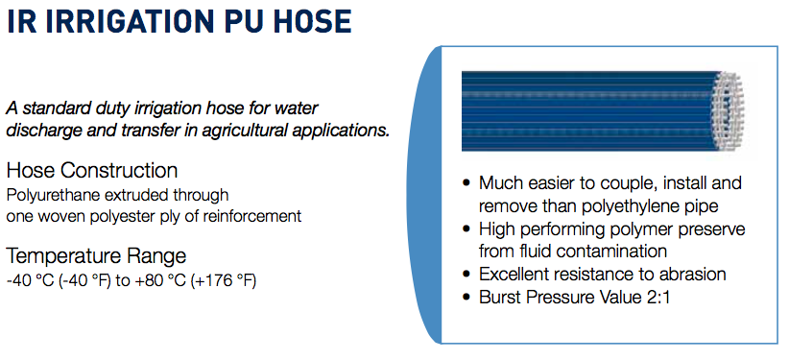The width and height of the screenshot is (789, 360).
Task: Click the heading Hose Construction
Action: click(92, 171)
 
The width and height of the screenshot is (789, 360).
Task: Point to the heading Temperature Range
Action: click(96, 256)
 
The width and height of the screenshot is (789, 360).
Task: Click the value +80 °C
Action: click(160, 281)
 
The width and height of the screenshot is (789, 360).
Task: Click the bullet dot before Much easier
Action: click(466, 183)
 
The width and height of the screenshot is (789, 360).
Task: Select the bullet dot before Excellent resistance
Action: click(466, 275)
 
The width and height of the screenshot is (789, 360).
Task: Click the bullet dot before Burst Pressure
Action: click(466, 297)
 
